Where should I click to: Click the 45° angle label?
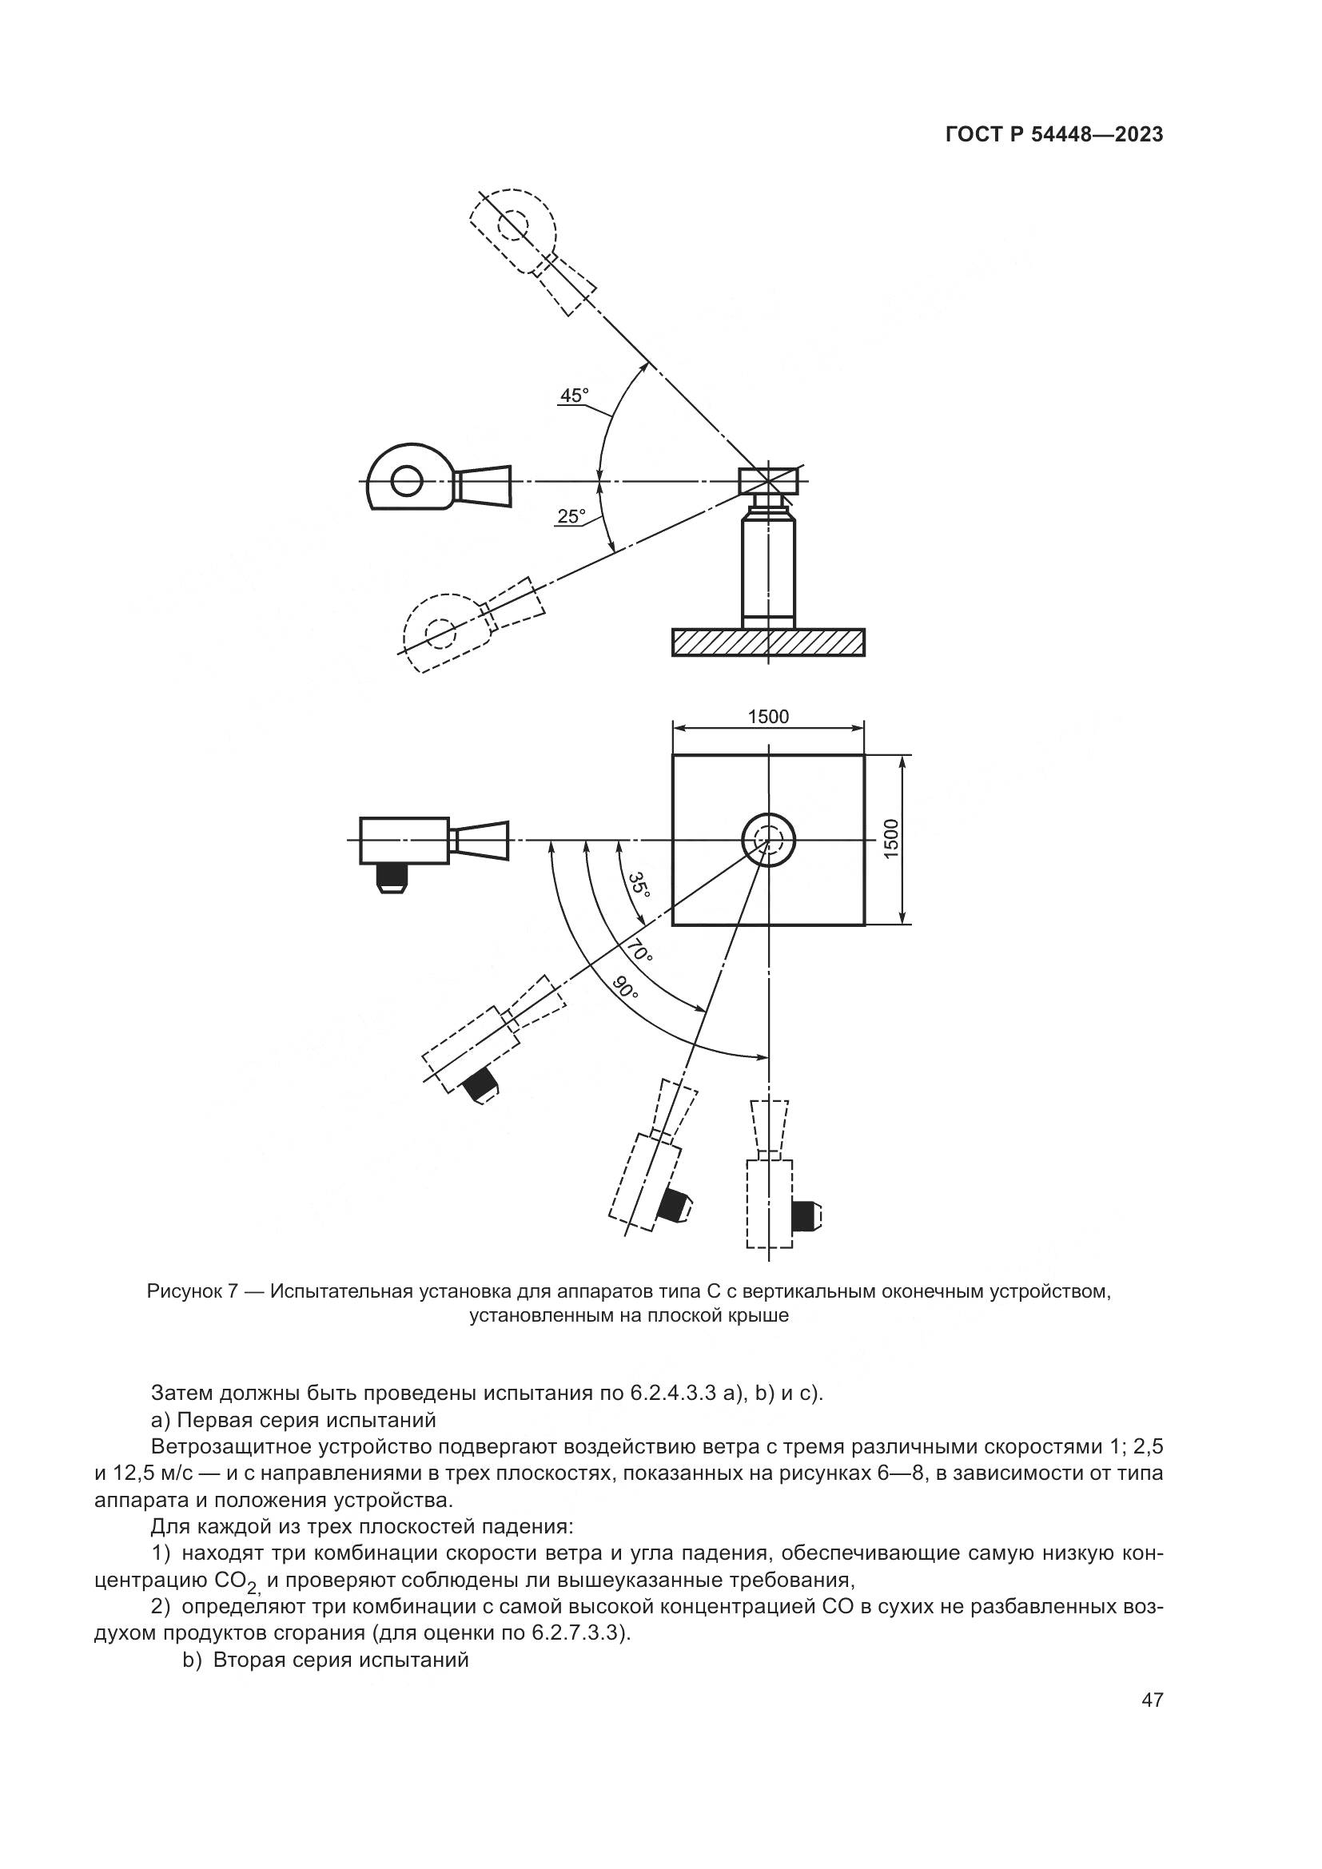(574, 396)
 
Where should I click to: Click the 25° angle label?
(571, 516)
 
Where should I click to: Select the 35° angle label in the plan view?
(640, 885)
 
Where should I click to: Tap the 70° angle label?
(639, 951)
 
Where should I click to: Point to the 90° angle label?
(626, 988)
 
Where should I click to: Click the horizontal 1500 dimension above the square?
(768, 716)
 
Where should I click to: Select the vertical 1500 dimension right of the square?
(890, 837)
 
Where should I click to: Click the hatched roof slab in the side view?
(768, 642)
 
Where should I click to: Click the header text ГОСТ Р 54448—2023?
(1054, 135)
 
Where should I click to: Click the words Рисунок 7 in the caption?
(192, 1291)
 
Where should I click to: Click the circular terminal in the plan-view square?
(767, 839)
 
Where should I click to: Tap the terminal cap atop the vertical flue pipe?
(768, 481)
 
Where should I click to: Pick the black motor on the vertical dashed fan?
(804, 1216)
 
